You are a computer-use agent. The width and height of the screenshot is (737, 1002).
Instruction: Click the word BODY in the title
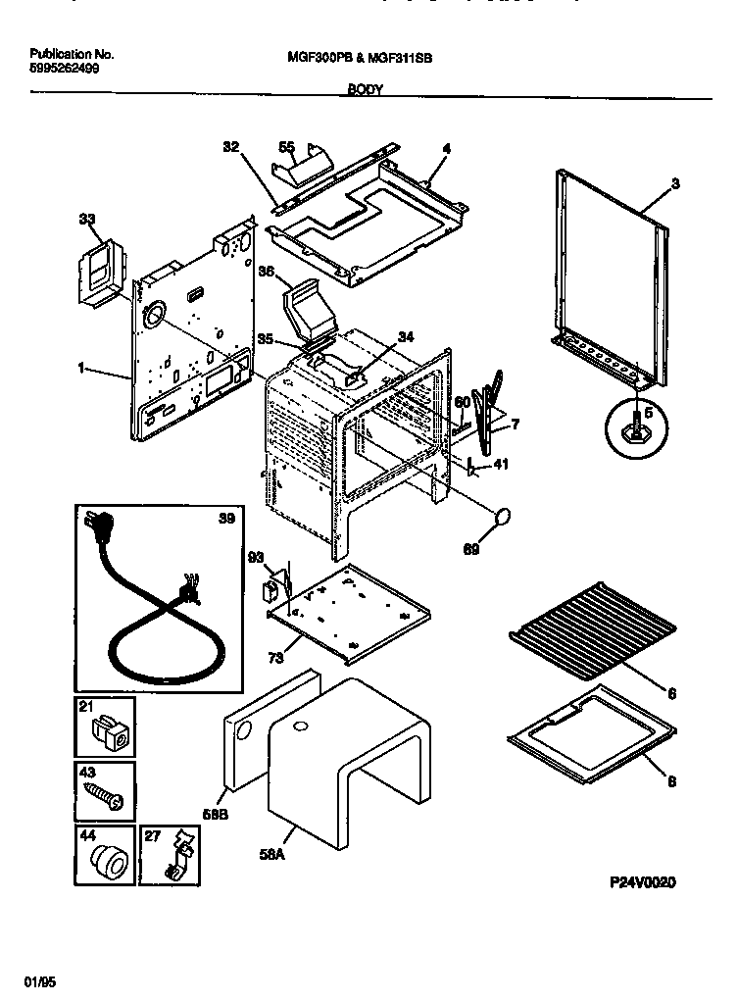366,88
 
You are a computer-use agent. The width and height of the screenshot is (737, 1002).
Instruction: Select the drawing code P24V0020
642,881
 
